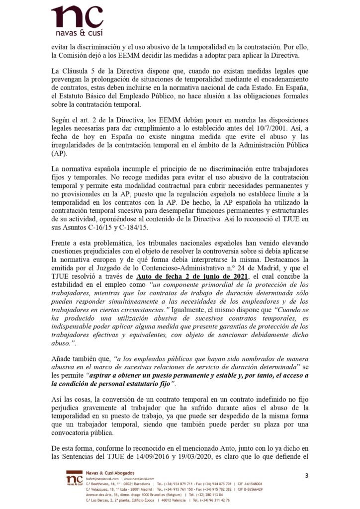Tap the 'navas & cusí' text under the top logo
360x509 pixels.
(77, 34)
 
